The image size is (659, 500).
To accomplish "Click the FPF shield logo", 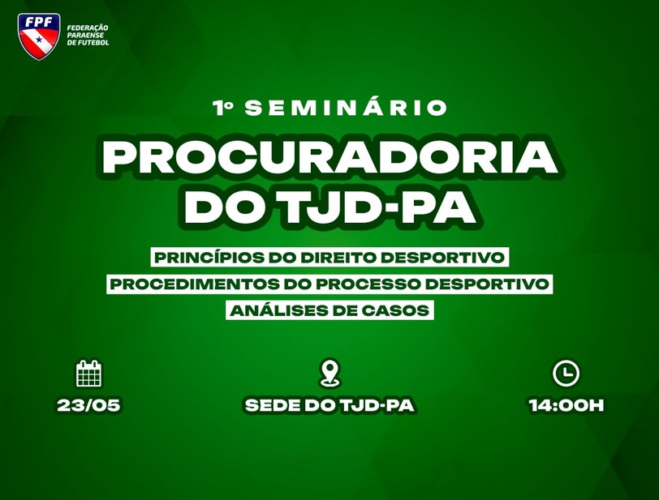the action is (39, 36).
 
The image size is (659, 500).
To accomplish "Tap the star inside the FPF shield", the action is (39, 40).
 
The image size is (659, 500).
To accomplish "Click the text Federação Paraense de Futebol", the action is (88, 35).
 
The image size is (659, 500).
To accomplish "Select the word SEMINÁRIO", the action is (346, 107).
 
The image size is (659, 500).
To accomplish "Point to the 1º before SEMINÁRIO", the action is (223, 108).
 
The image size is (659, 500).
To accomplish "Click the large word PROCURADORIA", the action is (330, 157).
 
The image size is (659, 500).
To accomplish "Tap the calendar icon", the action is (89, 374).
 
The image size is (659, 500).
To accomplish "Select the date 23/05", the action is (89, 405).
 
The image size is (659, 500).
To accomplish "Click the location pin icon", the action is (330, 373).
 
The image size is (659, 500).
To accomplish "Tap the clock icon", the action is (566, 374).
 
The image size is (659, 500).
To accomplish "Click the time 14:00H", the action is (566, 405).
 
